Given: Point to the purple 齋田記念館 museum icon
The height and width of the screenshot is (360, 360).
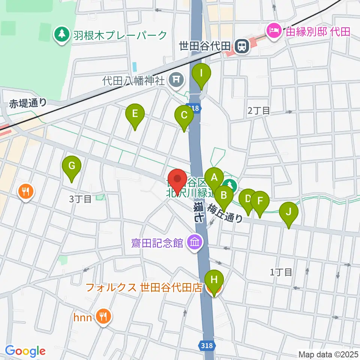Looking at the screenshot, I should pyautogui.click(x=195, y=243).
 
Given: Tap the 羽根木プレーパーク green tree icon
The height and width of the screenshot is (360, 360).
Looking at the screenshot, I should pyautogui.click(x=61, y=35).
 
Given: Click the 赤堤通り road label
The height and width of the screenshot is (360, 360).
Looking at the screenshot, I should pyautogui.click(x=28, y=103).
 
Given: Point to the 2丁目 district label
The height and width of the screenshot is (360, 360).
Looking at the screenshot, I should pyautogui.click(x=259, y=111).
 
